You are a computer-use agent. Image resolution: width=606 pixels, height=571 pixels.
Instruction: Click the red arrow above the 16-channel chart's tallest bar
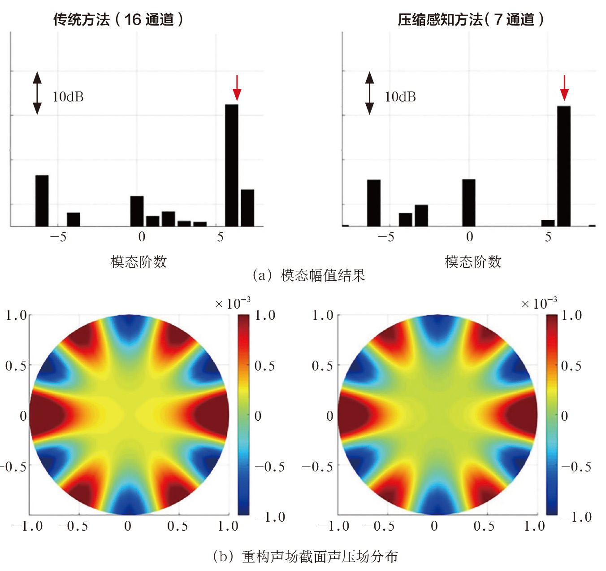coord(237,88)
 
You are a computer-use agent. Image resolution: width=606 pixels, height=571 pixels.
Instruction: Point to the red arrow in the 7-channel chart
coord(564,88)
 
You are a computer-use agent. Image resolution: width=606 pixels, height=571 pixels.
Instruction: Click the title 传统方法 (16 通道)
coord(118,19)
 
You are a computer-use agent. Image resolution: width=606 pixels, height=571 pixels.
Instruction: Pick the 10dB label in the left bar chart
coord(68,97)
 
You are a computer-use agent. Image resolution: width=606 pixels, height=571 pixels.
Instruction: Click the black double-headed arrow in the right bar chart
coord(369,93)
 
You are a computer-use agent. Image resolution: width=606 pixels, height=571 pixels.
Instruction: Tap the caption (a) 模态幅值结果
coord(309,275)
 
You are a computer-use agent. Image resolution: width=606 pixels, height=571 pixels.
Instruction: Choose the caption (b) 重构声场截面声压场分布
coord(305,556)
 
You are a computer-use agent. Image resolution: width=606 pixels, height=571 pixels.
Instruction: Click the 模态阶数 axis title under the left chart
coord(139,262)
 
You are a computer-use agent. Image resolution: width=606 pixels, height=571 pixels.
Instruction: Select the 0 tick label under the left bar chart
coord(142,237)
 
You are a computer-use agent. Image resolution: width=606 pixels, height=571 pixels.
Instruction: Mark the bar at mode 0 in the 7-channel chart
coord(469,203)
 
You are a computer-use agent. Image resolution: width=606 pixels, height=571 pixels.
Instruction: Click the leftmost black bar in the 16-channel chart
coord(42,201)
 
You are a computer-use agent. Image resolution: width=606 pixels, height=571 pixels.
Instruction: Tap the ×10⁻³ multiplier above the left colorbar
coord(233,303)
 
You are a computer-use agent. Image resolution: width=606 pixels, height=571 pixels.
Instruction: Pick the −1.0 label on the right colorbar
coord(577,517)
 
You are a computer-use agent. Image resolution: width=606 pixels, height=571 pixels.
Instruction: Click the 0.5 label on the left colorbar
coord(264,366)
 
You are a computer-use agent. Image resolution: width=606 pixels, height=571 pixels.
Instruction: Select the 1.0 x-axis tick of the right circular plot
coord(534,526)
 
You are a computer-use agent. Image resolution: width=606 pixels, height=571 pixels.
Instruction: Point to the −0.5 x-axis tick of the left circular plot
coord(73,526)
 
